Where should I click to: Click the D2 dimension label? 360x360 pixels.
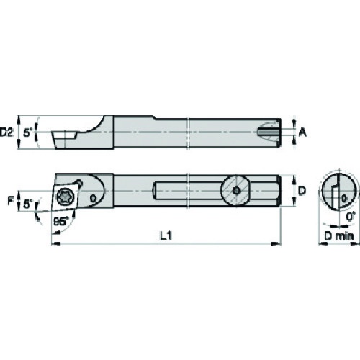(6, 132)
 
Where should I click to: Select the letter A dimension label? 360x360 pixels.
(303, 132)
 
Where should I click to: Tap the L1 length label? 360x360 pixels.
(166, 235)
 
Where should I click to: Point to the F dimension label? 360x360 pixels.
(10, 200)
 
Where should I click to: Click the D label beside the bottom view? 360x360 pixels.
(302, 191)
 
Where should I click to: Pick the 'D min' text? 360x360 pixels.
(339, 236)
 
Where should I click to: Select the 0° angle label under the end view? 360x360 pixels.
(351, 217)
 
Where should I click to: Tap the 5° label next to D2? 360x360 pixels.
(29, 132)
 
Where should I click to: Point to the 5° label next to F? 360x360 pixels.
(29, 204)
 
